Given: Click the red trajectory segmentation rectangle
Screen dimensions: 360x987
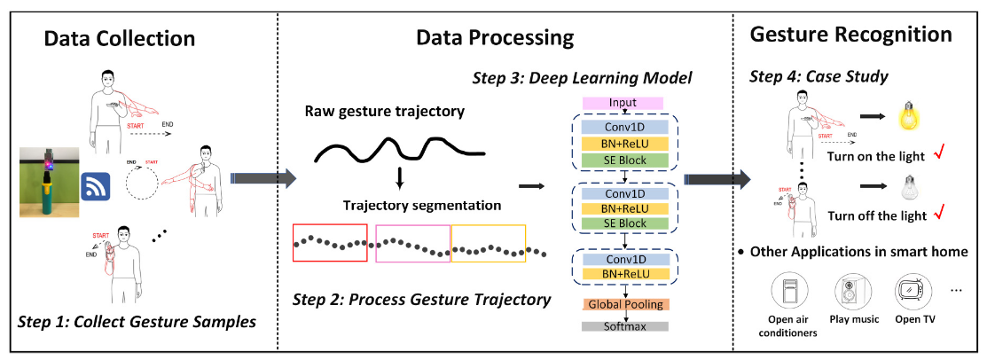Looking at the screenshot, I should coord(329,243).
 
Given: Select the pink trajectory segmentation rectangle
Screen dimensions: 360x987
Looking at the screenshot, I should coord(413,243).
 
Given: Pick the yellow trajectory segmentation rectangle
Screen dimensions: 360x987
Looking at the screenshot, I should coord(489,243).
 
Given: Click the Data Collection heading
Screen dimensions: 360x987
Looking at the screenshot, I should coord(120,39).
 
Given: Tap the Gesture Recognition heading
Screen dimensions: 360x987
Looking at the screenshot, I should coord(851,35).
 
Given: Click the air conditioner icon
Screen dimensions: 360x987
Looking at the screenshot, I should coord(792,292).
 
